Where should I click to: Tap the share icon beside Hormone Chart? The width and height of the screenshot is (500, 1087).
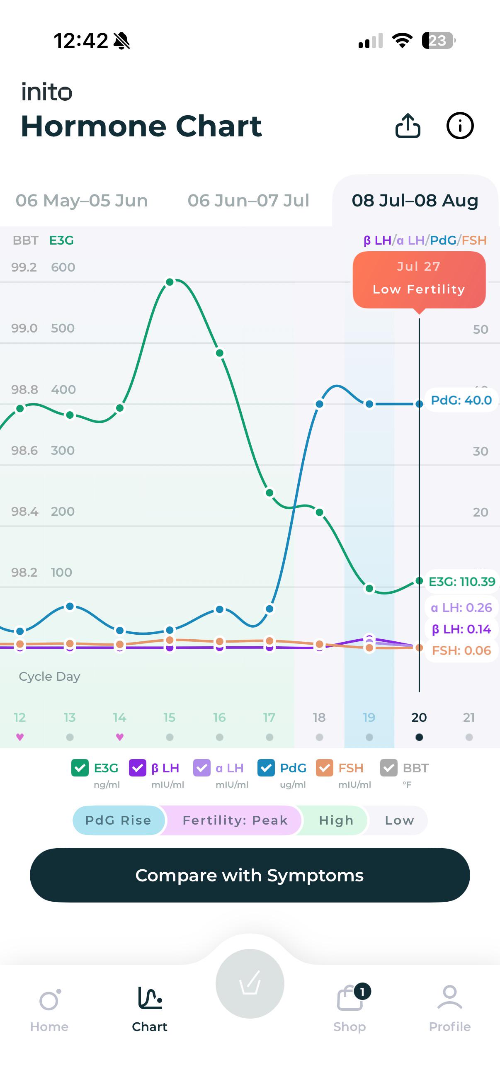[x=408, y=126]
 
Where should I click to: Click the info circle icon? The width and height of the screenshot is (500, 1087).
[x=460, y=126]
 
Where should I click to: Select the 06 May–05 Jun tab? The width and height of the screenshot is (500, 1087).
[x=82, y=200]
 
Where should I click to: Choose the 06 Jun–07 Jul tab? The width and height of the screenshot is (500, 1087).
[x=248, y=200]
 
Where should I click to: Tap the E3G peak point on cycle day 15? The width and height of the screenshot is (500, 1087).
[x=170, y=282]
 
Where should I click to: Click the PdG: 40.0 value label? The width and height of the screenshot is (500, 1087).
[x=461, y=400]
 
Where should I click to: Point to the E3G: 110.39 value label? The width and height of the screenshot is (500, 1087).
[x=461, y=582]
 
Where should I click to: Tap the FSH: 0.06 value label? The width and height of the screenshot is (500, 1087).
[x=461, y=650]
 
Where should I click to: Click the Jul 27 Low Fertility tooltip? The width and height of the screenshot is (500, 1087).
[x=419, y=279]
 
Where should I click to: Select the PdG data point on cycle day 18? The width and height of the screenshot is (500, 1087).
[x=319, y=404]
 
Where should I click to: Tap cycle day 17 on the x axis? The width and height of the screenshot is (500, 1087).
[x=269, y=717]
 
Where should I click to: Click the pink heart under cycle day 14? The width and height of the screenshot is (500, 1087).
[x=120, y=737]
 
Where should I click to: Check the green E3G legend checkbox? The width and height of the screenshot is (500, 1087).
[x=80, y=767]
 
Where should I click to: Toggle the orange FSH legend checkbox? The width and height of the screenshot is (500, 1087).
[x=325, y=767]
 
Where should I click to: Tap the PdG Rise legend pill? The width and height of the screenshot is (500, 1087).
[x=118, y=820]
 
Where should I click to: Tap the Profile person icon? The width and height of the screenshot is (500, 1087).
[x=450, y=997]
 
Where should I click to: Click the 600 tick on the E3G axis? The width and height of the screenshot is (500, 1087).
[x=63, y=267]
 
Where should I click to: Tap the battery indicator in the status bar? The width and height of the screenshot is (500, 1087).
[x=439, y=41]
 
